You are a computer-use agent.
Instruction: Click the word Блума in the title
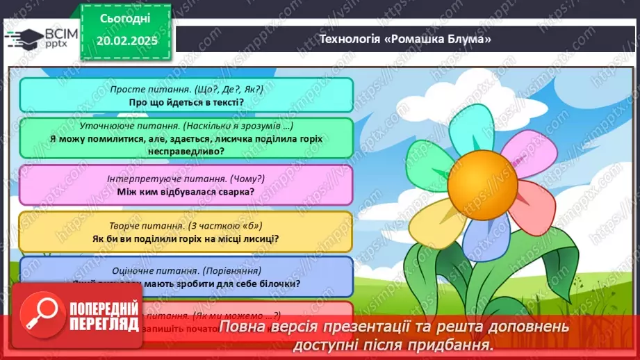tap(466, 39)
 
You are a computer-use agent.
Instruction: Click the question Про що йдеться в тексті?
tap(186, 101)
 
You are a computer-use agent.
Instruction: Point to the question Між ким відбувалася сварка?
tap(186, 192)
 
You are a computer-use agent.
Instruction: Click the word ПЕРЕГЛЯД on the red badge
tap(100, 324)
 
